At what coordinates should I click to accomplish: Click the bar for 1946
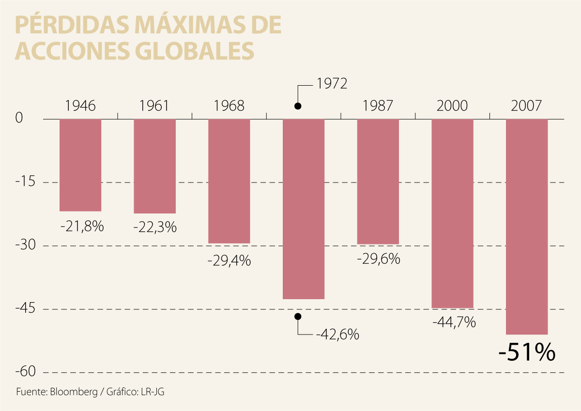pyautogui.click(x=80, y=165)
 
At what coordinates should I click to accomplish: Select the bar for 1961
pyautogui.click(x=155, y=166)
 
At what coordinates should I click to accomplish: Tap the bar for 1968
pyautogui.click(x=229, y=181)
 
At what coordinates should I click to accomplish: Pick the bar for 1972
pyautogui.click(x=304, y=209)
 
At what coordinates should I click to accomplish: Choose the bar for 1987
pyautogui.click(x=378, y=182)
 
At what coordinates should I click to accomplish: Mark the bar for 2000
pyautogui.click(x=452, y=213)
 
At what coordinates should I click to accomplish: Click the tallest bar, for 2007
pyautogui.click(x=527, y=227)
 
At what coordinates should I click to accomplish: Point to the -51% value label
pyautogui.click(x=526, y=353)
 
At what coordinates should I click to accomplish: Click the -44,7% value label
pyautogui.click(x=454, y=322)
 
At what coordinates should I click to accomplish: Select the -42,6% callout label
pyautogui.click(x=337, y=334)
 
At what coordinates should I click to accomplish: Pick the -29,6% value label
pyautogui.click(x=378, y=259)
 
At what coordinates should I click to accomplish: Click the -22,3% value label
pyautogui.click(x=155, y=227)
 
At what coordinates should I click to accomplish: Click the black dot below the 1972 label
pyautogui.click(x=298, y=106)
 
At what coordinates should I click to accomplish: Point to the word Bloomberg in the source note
pyautogui.click(x=73, y=392)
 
